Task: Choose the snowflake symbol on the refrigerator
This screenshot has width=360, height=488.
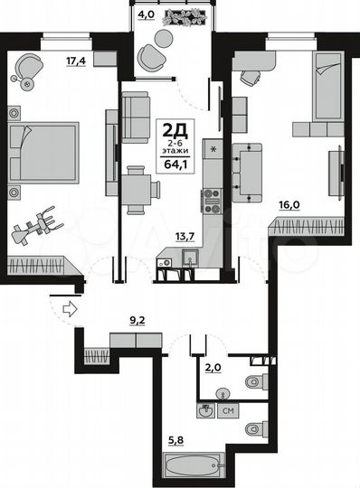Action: (213, 148)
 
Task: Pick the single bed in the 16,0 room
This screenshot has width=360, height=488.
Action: (325, 87)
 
